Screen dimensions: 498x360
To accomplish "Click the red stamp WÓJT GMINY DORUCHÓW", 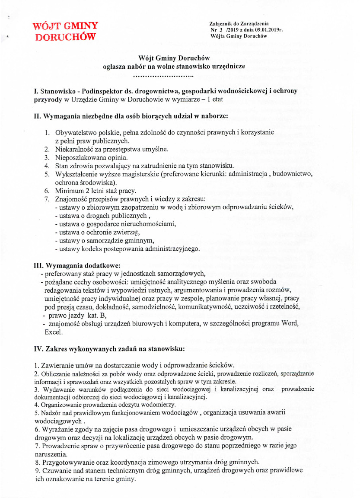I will point(66,31).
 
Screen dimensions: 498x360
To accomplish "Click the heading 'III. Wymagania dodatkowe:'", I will point(77,265).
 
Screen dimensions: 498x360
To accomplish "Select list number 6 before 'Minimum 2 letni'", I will point(48,191).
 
